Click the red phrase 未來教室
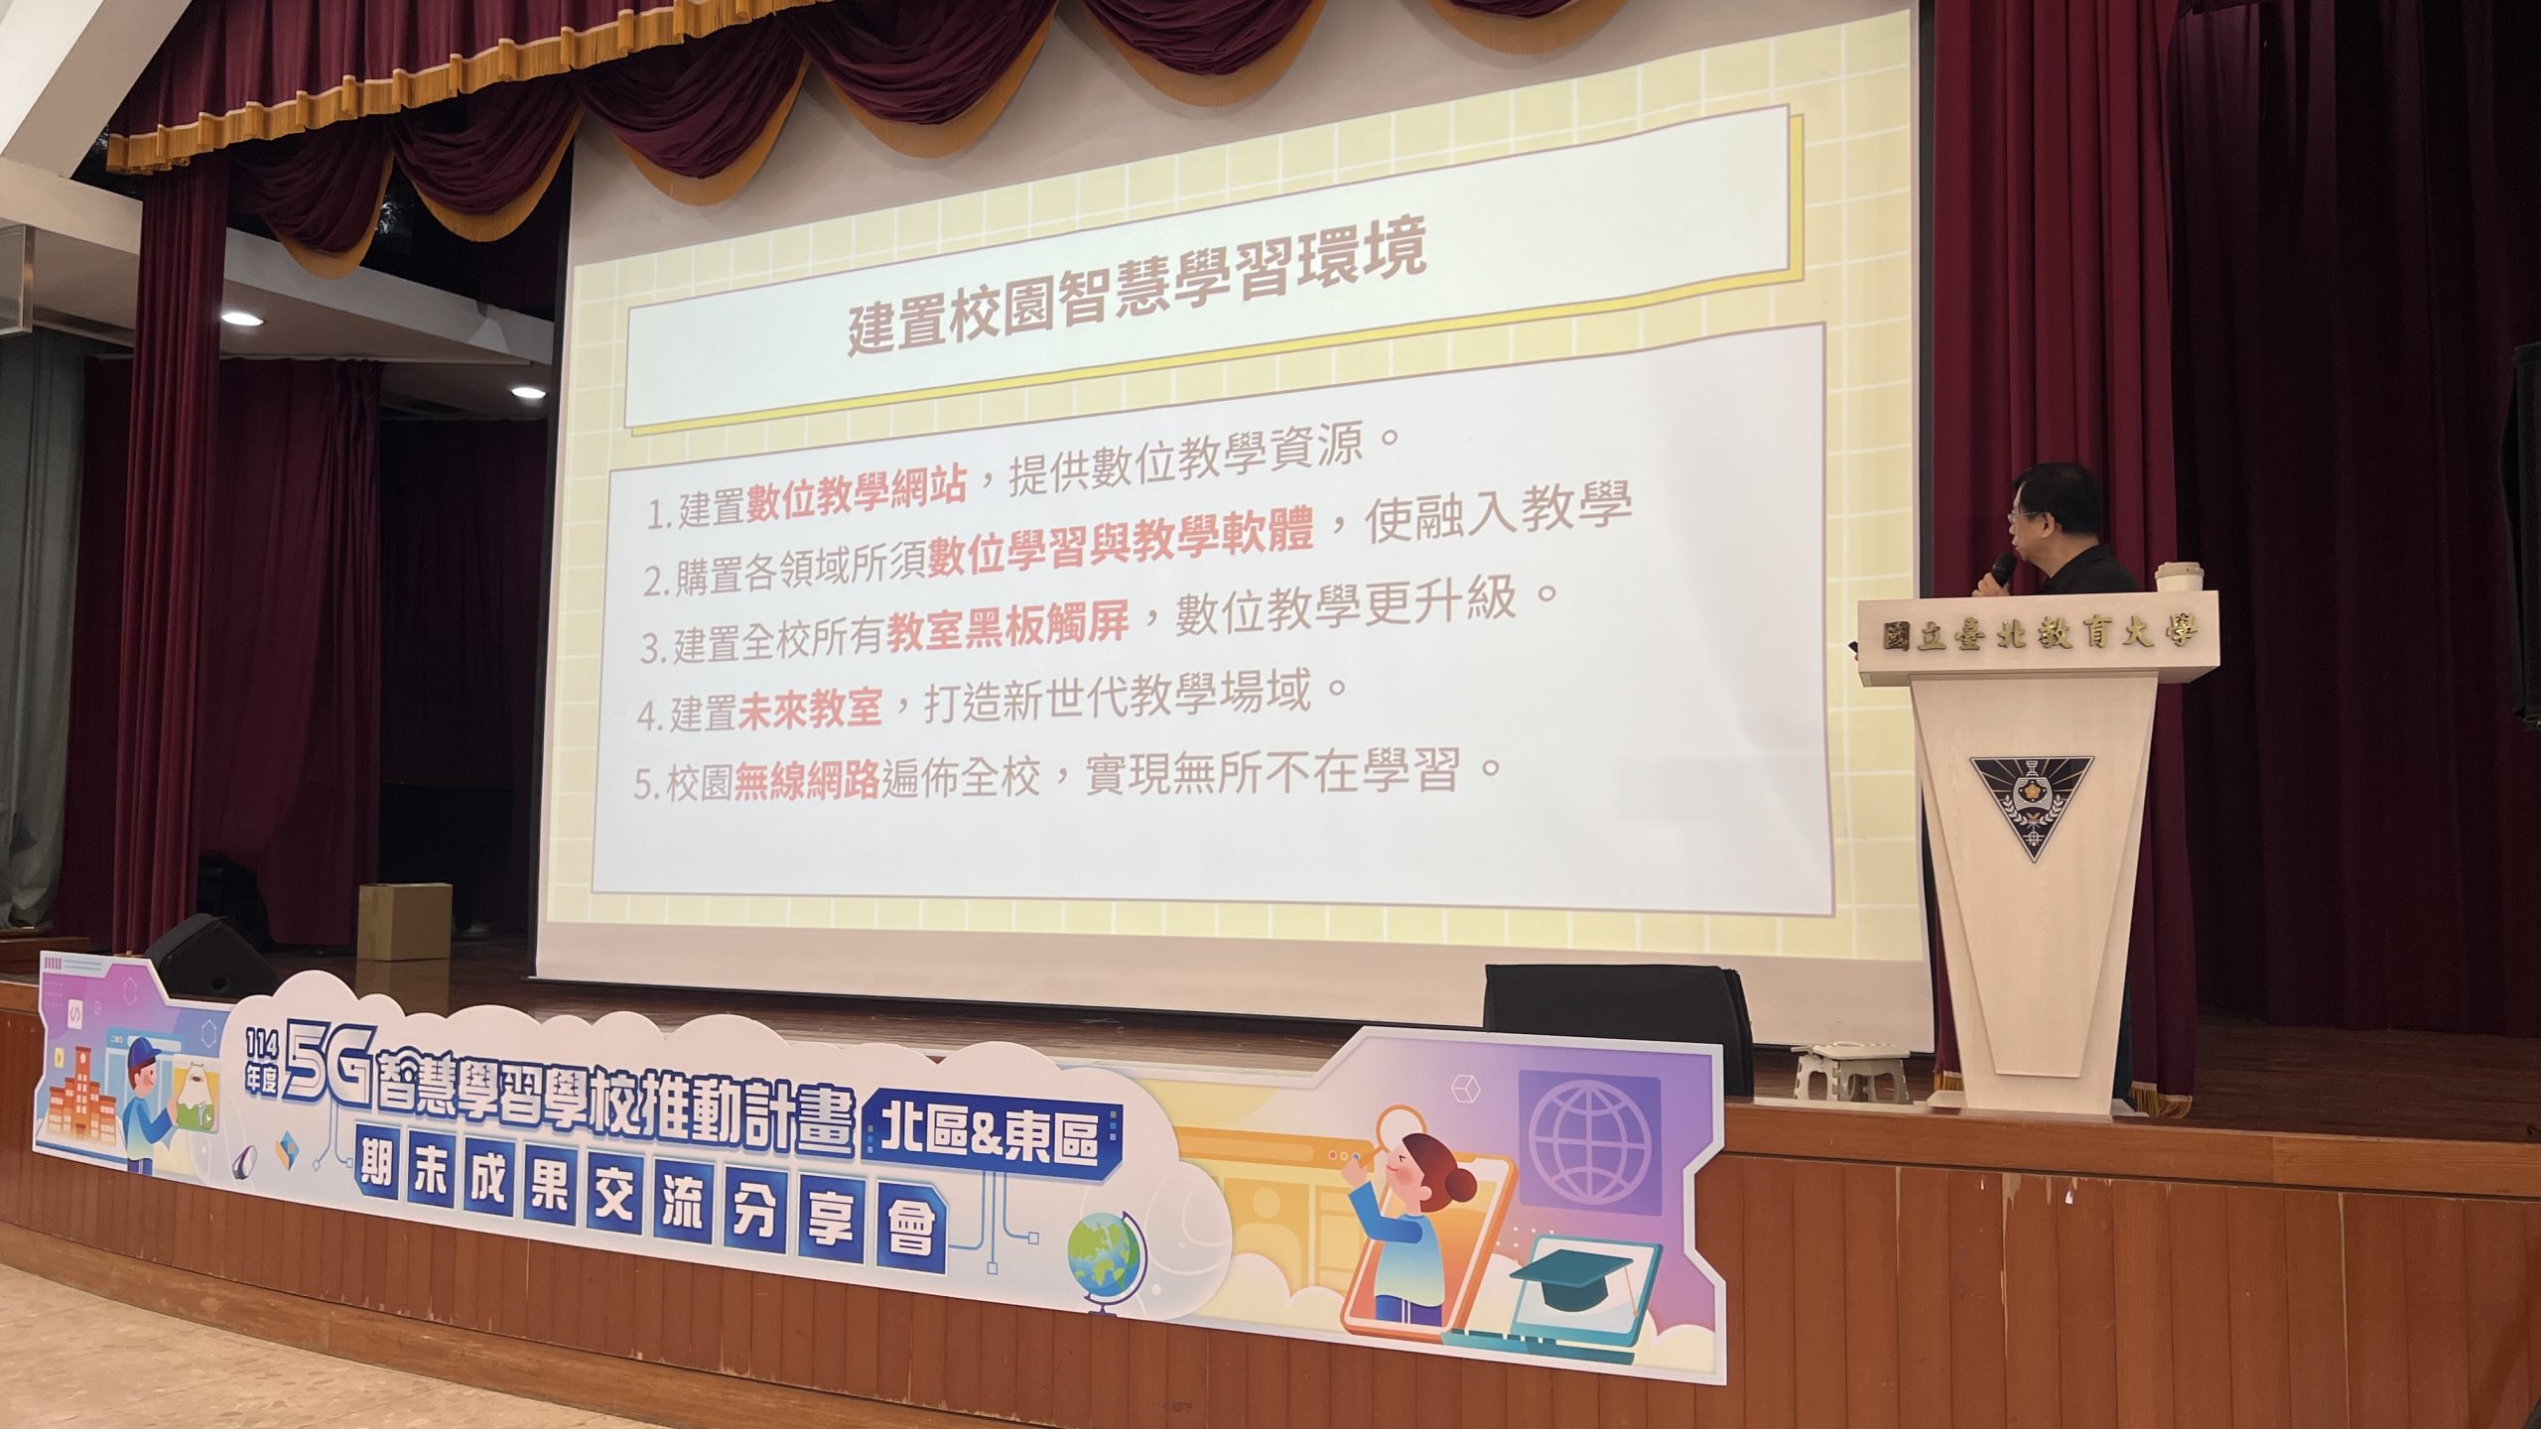point(808,709)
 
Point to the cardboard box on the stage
point(404,921)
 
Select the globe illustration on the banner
point(1102,1260)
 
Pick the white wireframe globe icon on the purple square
point(1589,1140)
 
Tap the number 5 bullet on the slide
point(645,787)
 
